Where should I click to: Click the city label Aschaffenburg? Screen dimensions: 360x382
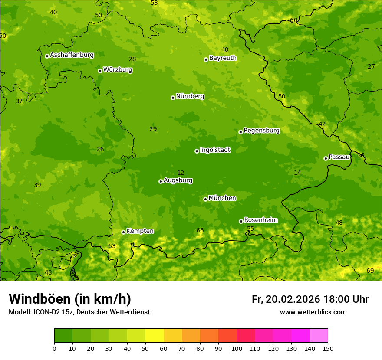click(x=72, y=55)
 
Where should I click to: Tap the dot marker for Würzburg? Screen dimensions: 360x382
click(x=100, y=71)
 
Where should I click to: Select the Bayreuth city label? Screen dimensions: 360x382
click(x=223, y=58)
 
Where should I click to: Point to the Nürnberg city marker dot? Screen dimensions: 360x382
click(x=173, y=98)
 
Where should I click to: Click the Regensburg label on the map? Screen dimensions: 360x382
click(x=261, y=131)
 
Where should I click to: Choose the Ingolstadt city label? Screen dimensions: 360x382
click(x=215, y=150)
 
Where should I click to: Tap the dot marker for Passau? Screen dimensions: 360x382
click(x=326, y=158)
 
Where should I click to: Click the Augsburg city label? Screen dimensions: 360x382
click(x=178, y=180)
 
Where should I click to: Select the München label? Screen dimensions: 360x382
click(x=222, y=198)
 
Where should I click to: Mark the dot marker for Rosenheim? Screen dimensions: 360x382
click(x=241, y=221)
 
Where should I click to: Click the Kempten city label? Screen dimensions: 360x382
click(x=140, y=231)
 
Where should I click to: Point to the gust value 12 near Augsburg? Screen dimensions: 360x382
click(x=181, y=173)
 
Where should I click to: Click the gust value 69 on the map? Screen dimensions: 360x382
click(x=370, y=271)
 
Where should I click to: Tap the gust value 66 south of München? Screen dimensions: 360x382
click(x=200, y=230)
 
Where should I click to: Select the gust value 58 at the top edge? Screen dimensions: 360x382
click(x=154, y=3)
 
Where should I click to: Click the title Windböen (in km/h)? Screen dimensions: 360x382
click(x=70, y=299)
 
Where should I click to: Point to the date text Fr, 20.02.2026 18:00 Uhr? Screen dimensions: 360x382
click(x=310, y=299)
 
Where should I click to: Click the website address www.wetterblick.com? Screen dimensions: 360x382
click(x=313, y=312)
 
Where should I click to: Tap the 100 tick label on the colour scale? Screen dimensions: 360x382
click(x=237, y=348)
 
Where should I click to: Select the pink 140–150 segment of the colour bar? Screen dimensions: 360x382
click(x=319, y=335)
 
